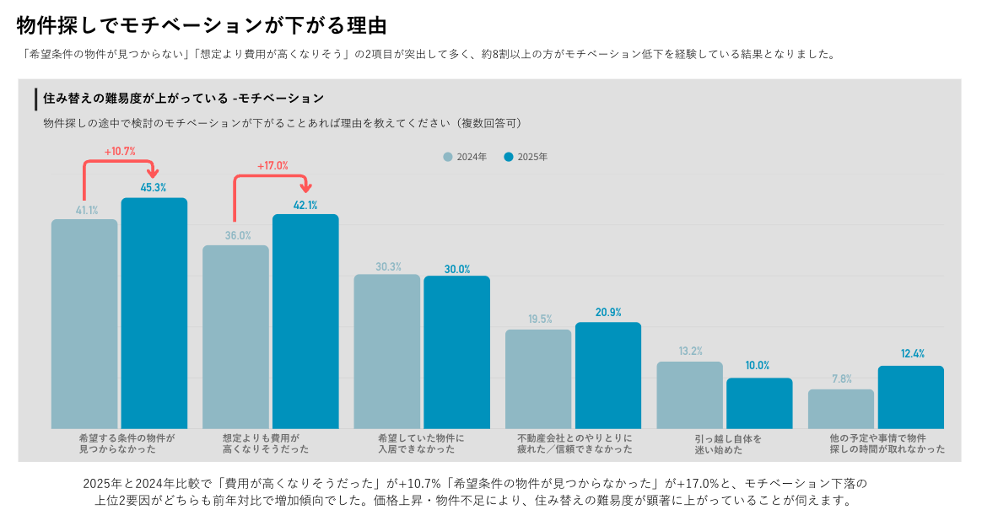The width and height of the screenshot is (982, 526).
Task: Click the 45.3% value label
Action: [154, 188]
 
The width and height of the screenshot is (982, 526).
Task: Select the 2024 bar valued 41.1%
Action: [84, 324]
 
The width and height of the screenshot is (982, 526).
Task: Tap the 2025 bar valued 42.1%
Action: [305, 321]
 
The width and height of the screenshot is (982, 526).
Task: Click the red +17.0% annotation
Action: [272, 166]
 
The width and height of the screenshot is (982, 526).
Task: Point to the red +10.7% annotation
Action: [120, 152]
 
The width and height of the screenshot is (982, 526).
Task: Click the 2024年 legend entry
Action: [465, 157]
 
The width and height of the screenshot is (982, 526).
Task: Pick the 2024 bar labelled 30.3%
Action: [386, 351]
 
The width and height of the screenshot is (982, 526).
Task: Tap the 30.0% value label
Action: [456, 270]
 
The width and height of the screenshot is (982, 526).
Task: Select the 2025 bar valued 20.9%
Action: [608, 375]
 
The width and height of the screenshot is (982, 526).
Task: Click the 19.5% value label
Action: [540, 319]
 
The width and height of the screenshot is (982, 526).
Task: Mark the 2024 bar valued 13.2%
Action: [689, 394]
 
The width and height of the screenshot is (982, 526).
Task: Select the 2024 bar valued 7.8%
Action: [840, 409]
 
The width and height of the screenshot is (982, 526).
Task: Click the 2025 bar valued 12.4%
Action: [910, 397]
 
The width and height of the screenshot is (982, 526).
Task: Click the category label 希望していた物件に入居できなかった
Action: [421, 444]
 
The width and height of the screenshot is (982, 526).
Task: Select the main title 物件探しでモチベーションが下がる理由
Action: [202, 25]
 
